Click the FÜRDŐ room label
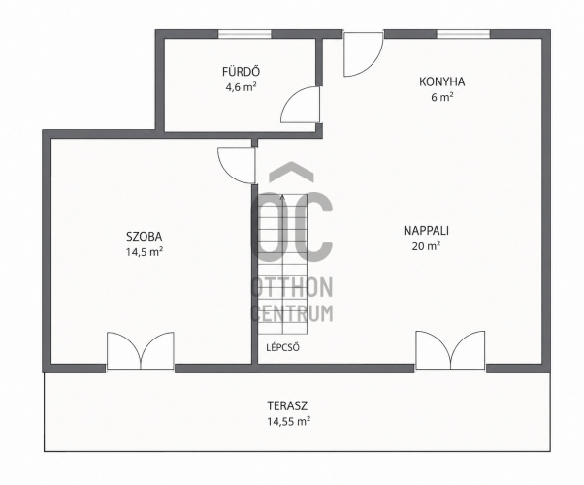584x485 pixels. coord(241,71)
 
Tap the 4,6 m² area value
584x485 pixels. coord(241,87)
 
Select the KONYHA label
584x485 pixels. coord(442,81)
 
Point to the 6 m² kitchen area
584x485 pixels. coord(442,98)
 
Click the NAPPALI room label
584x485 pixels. coord(427,231)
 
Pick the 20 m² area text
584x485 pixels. coord(427,246)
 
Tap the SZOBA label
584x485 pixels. coord(145,236)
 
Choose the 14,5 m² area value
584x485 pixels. coord(145,252)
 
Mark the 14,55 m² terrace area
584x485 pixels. coord(289,421)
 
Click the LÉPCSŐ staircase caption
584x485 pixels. coord(283,348)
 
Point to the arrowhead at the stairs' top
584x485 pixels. coord(282,197)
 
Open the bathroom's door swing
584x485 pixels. coord(300,105)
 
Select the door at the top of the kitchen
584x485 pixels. coord(363,54)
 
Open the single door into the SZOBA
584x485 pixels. coord(236,166)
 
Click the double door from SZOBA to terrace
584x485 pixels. coord(141,351)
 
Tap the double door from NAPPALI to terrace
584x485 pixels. coord(450,350)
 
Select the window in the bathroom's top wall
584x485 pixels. coord(244,34)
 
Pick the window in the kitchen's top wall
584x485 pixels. coord(464,34)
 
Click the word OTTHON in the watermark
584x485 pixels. coord(293,287)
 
